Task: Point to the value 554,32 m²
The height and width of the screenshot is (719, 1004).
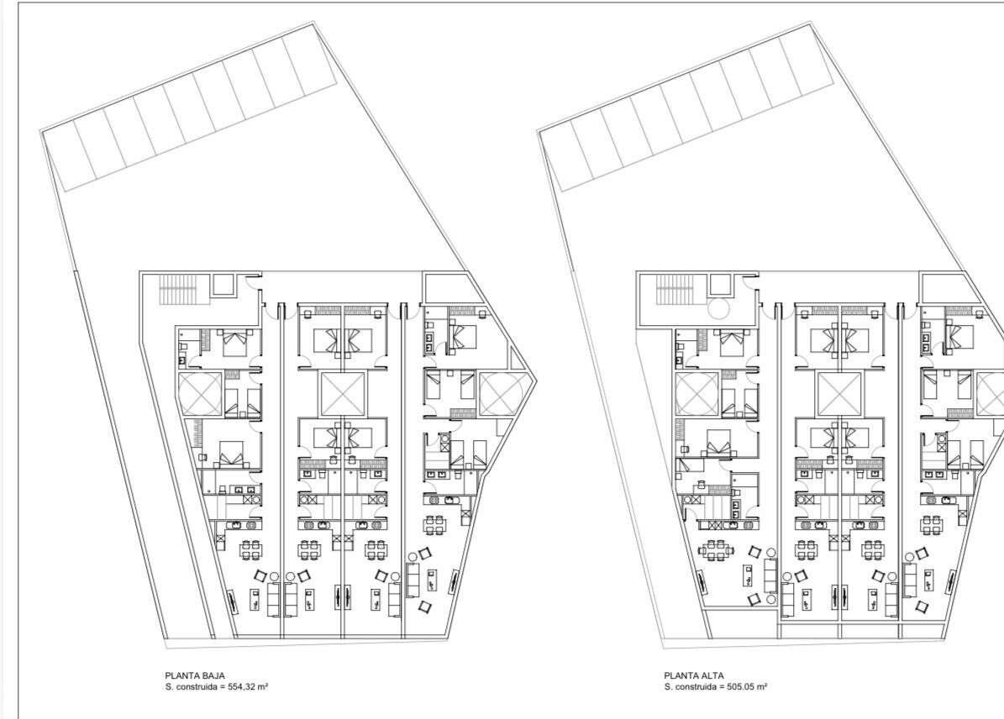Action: coord(248,687)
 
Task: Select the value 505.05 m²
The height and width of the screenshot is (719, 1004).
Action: coord(747,687)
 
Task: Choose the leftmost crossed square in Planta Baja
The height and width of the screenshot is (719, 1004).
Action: coord(199,393)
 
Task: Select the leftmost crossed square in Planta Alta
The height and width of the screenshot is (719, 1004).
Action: coord(696,393)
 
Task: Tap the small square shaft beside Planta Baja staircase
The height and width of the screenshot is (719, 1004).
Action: coord(223,284)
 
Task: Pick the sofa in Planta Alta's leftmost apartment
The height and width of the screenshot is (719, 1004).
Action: coord(770,575)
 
